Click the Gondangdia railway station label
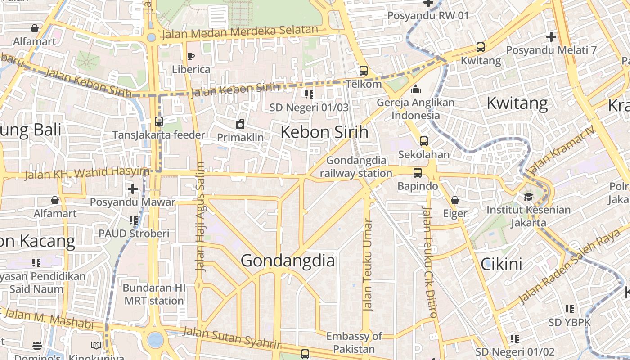356,167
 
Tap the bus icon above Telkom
364,71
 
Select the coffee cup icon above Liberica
191,56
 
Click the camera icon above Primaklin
240,124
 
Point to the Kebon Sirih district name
324,132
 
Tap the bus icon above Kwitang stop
481,47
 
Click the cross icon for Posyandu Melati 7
551,37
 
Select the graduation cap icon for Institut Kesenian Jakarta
528,197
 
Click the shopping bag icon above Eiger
455,200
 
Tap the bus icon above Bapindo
418,173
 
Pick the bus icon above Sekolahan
423,141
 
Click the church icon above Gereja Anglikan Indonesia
416,89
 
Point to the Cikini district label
501,264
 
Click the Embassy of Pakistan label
354,342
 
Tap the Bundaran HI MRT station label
154,294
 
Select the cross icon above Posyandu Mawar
132,189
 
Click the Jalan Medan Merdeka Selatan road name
239,32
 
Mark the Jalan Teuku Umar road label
368,265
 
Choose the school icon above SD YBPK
570,309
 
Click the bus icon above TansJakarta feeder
159,121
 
